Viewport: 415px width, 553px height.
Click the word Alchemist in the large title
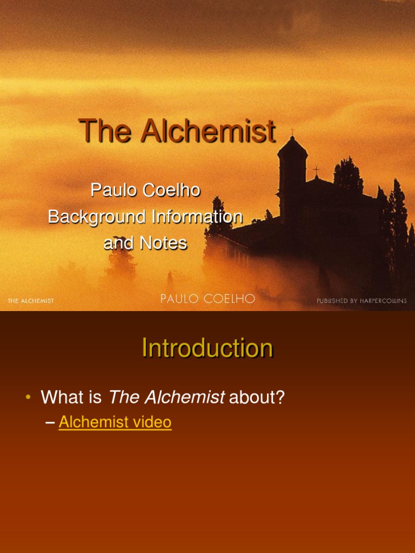coord(209,131)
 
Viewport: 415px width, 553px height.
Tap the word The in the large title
coord(105,131)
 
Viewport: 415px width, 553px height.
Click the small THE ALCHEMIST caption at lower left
coord(31,301)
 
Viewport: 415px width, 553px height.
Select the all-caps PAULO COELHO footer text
coord(207,299)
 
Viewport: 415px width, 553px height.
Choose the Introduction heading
coord(207,348)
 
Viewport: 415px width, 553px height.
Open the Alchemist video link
coord(115,422)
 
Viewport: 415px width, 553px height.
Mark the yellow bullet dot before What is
coord(28,397)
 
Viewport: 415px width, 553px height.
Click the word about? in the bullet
coord(257,398)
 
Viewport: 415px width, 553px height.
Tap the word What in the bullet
coord(63,398)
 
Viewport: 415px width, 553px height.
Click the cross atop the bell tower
coord(292,131)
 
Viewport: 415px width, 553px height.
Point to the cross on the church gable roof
coord(316,170)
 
